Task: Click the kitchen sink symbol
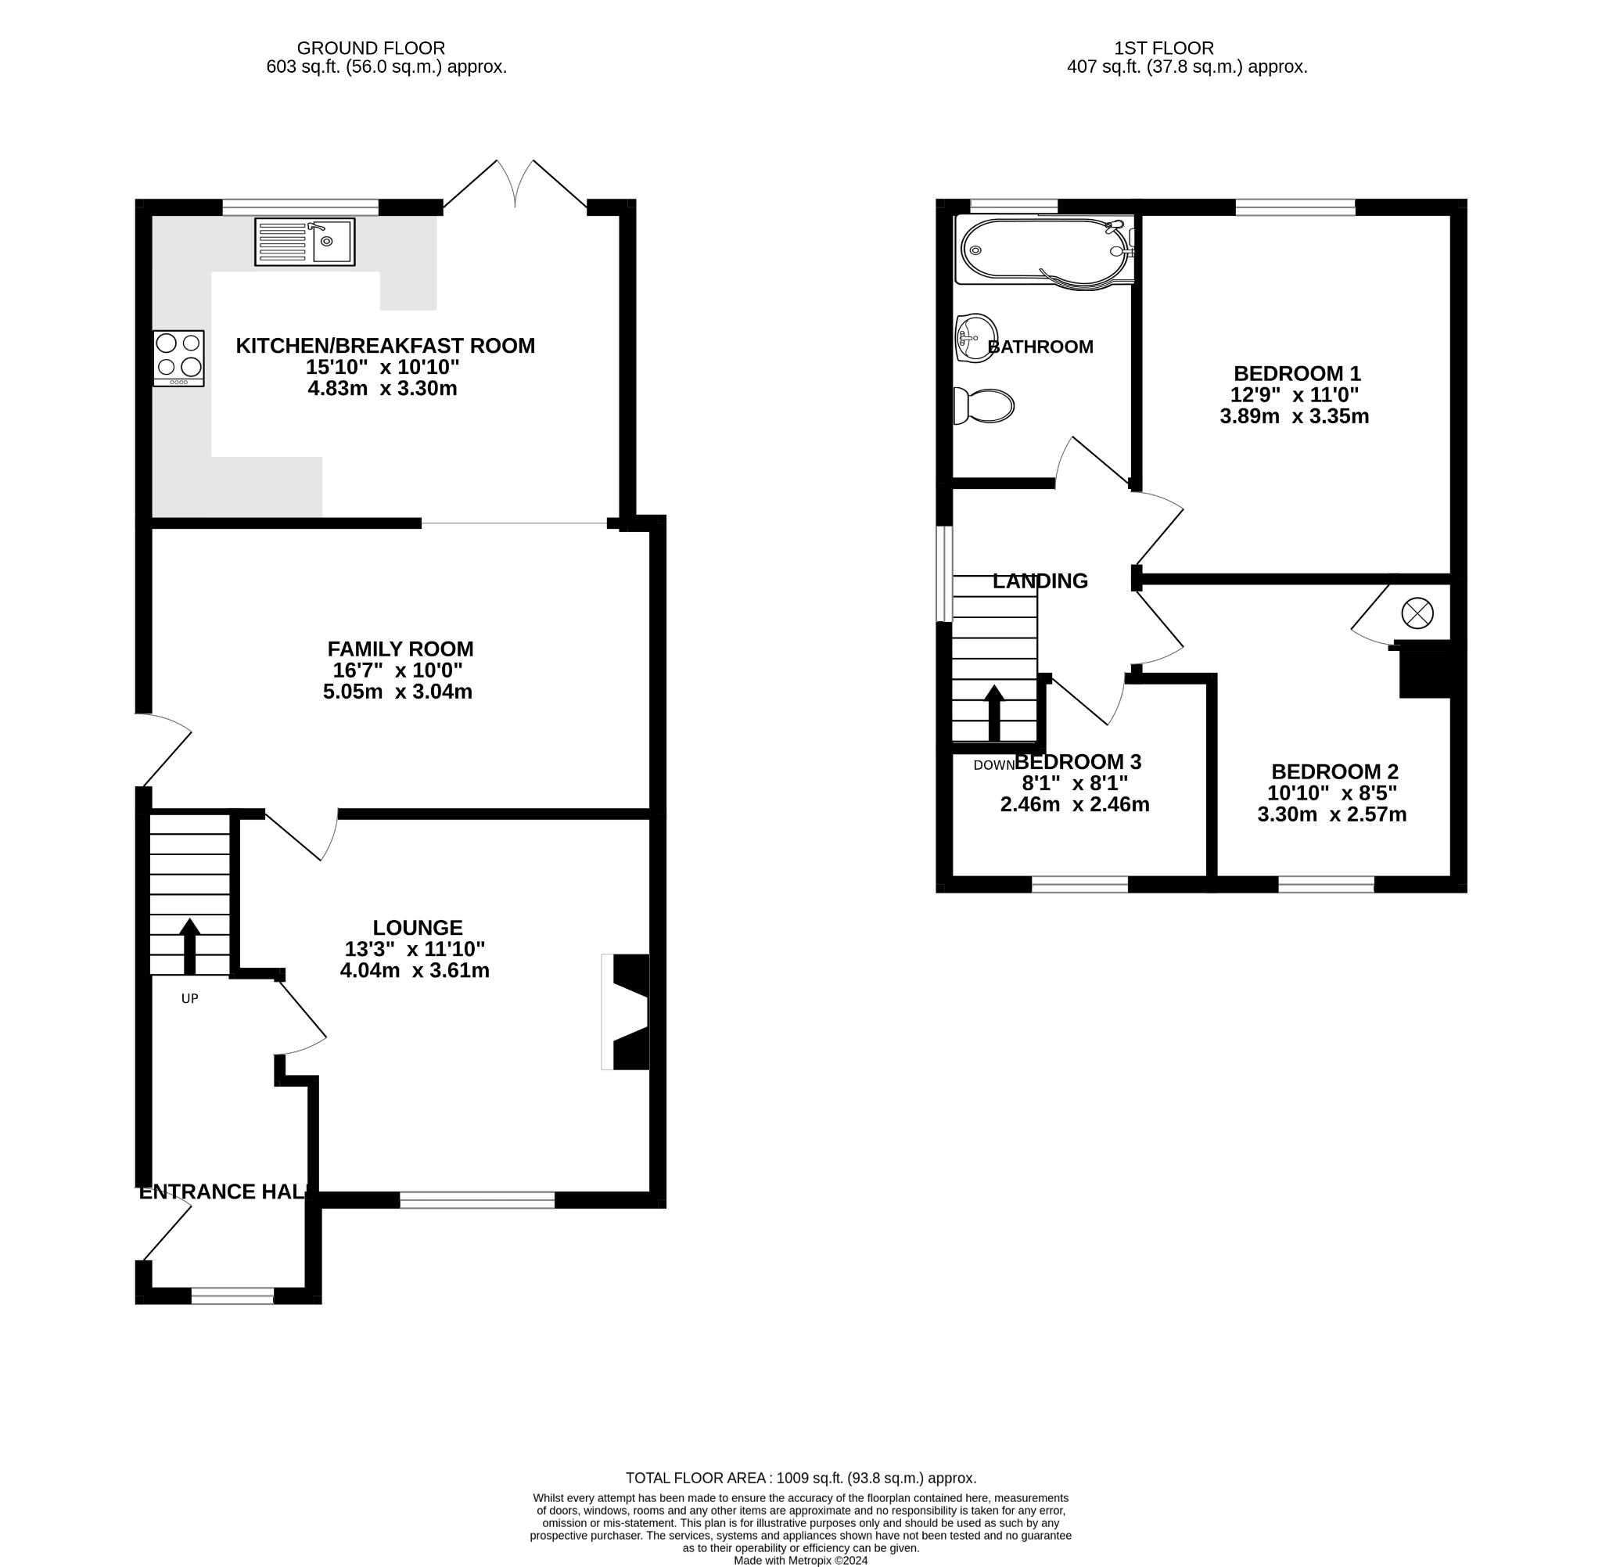[304, 241]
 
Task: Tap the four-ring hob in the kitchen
[178, 358]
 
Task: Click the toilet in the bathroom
[984, 406]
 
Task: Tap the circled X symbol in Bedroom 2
[1417, 613]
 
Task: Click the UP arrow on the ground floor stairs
[189, 946]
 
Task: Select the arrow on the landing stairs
[994, 712]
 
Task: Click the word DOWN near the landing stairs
[993, 765]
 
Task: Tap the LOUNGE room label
[417, 928]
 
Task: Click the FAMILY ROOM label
[400, 649]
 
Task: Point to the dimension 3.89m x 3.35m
[1294, 416]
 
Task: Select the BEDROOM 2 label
[1334, 771]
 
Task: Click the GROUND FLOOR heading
[370, 49]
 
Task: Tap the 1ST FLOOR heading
[1163, 49]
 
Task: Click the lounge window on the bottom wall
[477, 1200]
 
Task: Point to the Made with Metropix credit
[799, 1560]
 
